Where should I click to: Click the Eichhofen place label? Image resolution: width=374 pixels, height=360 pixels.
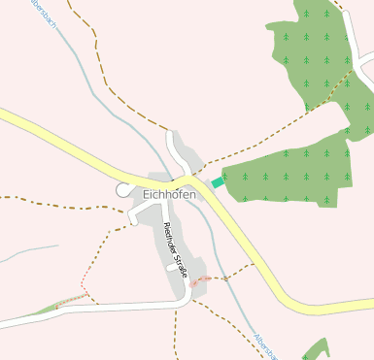pos(169,194)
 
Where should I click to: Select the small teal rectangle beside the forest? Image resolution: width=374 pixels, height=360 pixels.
pos(218,181)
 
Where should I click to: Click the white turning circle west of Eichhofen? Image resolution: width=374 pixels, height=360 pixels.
pos(122,190)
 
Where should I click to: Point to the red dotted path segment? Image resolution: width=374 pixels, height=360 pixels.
pos(200,281)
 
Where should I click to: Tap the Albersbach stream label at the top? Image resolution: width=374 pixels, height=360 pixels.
pos(44,12)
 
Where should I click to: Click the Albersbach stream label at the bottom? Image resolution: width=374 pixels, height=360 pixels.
pos(263,345)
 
